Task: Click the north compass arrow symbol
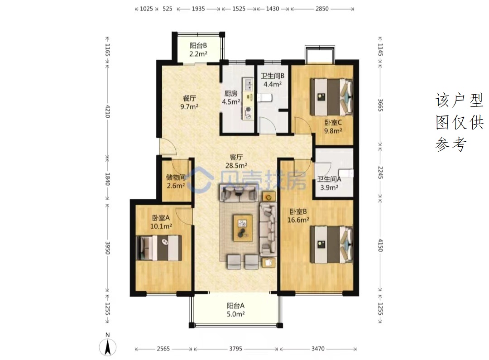coord(108,347)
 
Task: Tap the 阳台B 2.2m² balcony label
coord(198,50)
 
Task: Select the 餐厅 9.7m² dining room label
coord(189,102)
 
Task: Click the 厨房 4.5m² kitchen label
coord(231,98)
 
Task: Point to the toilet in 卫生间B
coord(265,98)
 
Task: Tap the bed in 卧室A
coord(159,248)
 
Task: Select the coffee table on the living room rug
coord(243,227)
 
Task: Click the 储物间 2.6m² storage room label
coord(176,182)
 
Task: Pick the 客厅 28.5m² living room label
coord(236,161)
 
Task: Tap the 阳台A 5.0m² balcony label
coord(235,310)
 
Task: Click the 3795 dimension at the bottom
coord(235,349)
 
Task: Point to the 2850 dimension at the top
coord(322,9)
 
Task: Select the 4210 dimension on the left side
coord(108,111)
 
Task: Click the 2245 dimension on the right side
coord(380,173)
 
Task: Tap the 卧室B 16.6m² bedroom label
coord(298,216)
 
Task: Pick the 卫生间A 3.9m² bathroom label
coord(329,183)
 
